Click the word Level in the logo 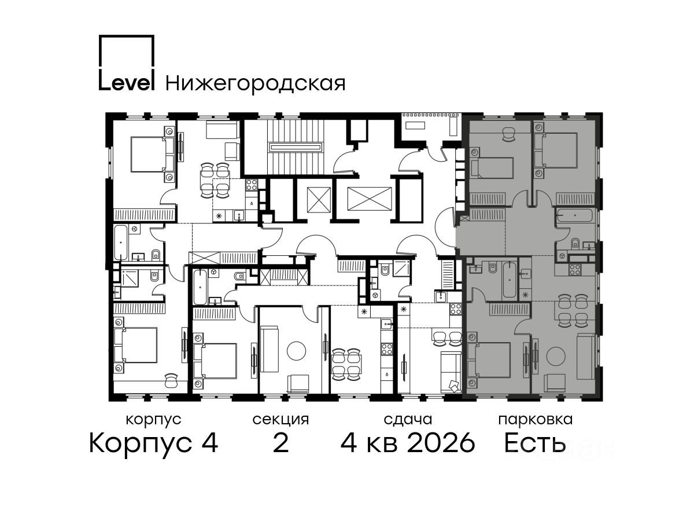pyautogui.click(x=127, y=83)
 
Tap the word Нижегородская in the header pyautogui.click(x=256, y=84)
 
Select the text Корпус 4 pyautogui.click(x=154, y=443)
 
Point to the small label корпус pyautogui.click(x=154, y=420)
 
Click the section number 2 pyautogui.click(x=280, y=443)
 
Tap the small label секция pyautogui.click(x=280, y=420)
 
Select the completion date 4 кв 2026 pyautogui.click(x=408, y=443)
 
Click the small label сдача pyautogui.click(x=408, y=420)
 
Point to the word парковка pyautogui.click(x=536, y=420)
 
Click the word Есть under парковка pyautogui.click(x=534, y=443)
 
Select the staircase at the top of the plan pyautogui.click(x=296, y=147)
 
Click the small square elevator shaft pyautogui.click(x=319, y=199)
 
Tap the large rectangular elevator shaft pyautogui.click(x=370, y=199)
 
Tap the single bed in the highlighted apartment pyautogui.click(x=492, y=168)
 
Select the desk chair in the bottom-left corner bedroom pyautogui.click(x=171, y=380)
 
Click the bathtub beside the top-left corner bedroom pyautogui.click(x=121, y=243)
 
